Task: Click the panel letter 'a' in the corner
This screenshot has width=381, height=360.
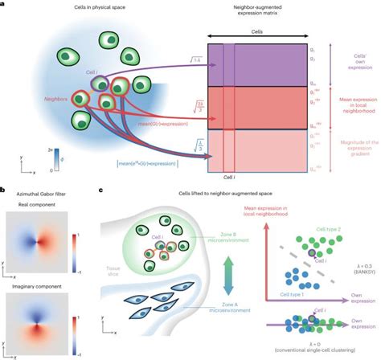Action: [4, 5]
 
